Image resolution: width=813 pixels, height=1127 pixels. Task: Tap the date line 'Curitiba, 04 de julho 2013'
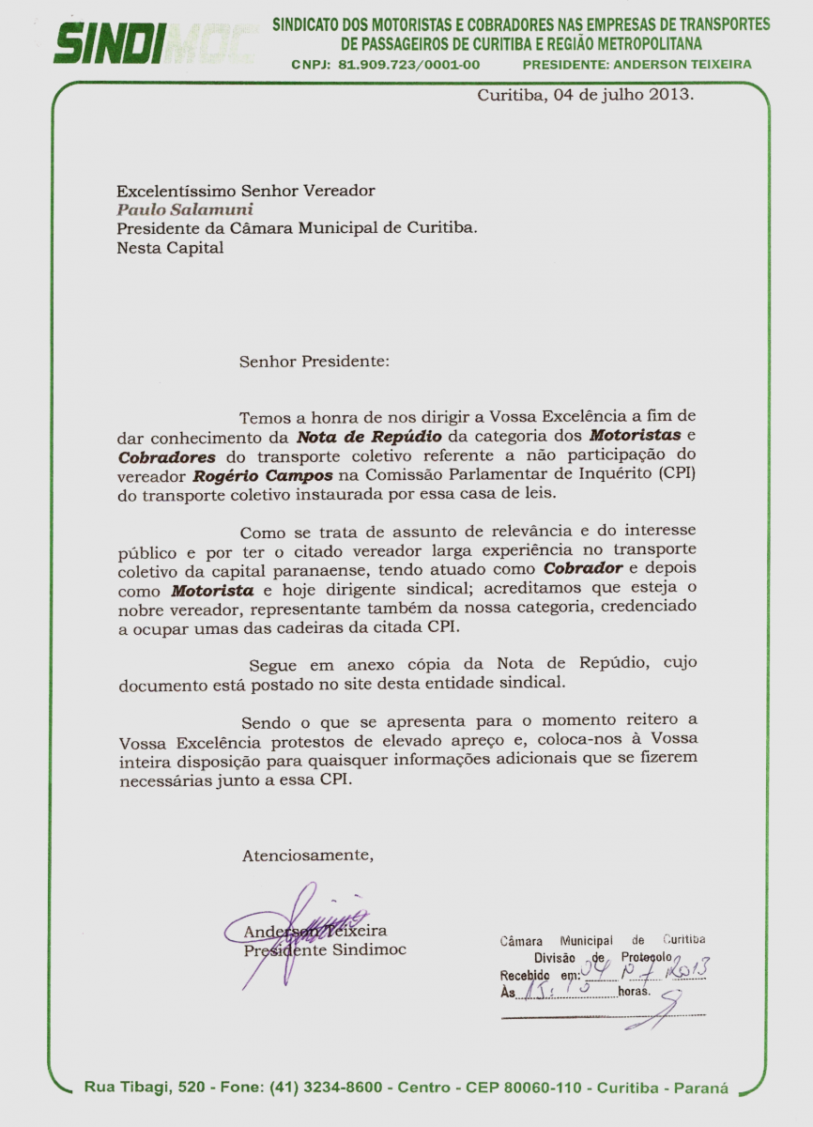pos(585,96)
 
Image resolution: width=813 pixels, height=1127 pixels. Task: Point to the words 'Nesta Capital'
pos(170,248)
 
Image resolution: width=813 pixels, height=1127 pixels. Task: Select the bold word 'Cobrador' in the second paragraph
pos(583,569)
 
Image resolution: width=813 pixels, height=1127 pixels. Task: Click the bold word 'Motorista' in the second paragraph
pos(212,591)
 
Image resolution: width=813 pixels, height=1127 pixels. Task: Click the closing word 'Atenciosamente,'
pos(308,856)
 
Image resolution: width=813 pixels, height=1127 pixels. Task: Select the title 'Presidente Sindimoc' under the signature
pos(325,949)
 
